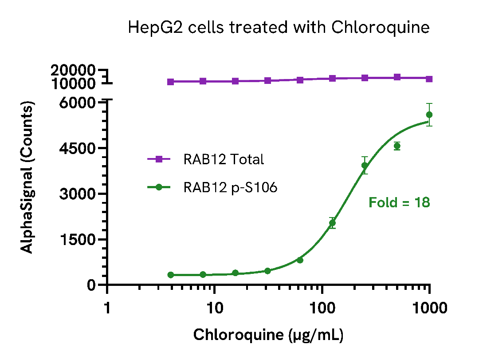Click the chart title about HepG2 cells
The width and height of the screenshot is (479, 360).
pos(279,28)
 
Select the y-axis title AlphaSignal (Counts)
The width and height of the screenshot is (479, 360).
pos(27,178)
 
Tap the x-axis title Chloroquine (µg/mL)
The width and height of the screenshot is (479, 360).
pos(268,335)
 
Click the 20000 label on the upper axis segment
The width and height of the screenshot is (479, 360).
pos(73,70)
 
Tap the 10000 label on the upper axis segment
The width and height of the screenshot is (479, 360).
pos(73,83)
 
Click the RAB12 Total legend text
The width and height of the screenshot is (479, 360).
pos(224,159)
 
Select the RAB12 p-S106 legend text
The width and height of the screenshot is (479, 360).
pos(230,188)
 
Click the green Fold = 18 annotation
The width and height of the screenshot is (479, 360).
pos(399,203)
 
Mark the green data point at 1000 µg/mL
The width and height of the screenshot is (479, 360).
pos(429,115)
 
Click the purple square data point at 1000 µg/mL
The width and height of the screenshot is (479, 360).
pos(429,79)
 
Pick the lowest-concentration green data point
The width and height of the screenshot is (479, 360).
pos(171,275)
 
